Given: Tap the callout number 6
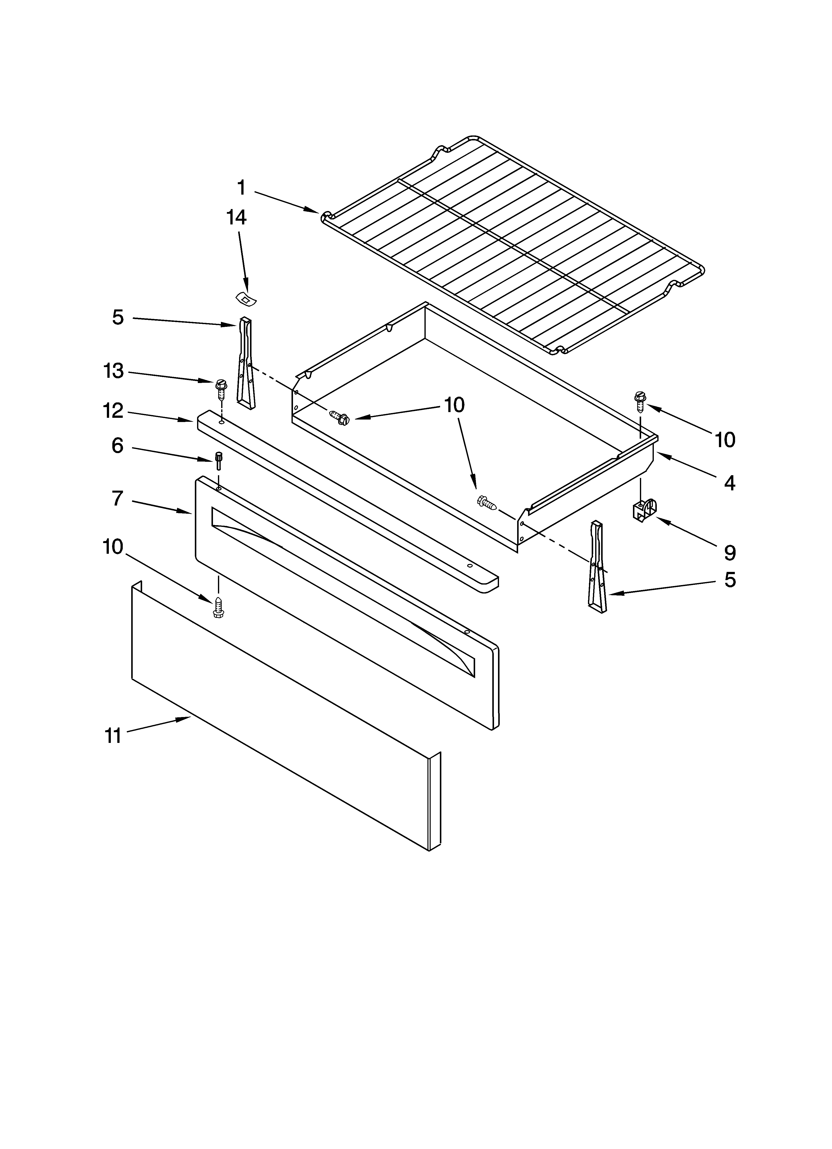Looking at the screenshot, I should [x=117, y=446].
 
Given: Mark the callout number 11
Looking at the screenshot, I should [x=113, y=736].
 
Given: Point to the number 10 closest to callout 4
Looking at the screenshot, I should [x=725, y=440].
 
